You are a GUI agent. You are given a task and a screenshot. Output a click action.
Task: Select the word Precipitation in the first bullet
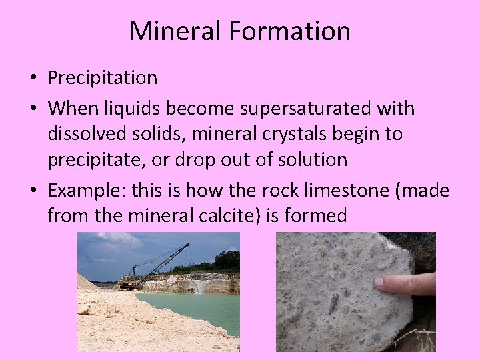click(x=102, y=78)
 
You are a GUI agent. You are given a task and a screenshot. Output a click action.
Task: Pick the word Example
click(x=85, y=190)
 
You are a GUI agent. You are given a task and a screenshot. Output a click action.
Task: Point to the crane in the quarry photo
click(x=160, y=264)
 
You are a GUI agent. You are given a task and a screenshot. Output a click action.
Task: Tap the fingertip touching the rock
click(x=380, y=282)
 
